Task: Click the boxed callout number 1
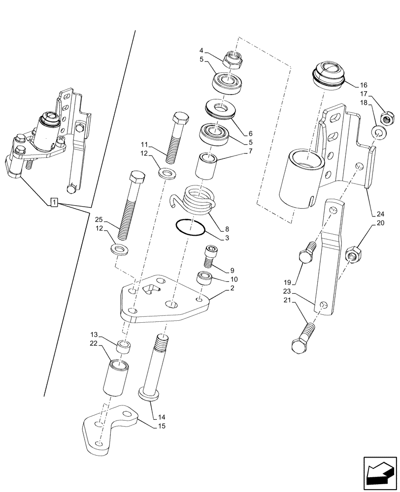54,203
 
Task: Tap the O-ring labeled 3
191,228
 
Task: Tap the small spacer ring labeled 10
204,279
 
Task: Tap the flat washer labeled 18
378,132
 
